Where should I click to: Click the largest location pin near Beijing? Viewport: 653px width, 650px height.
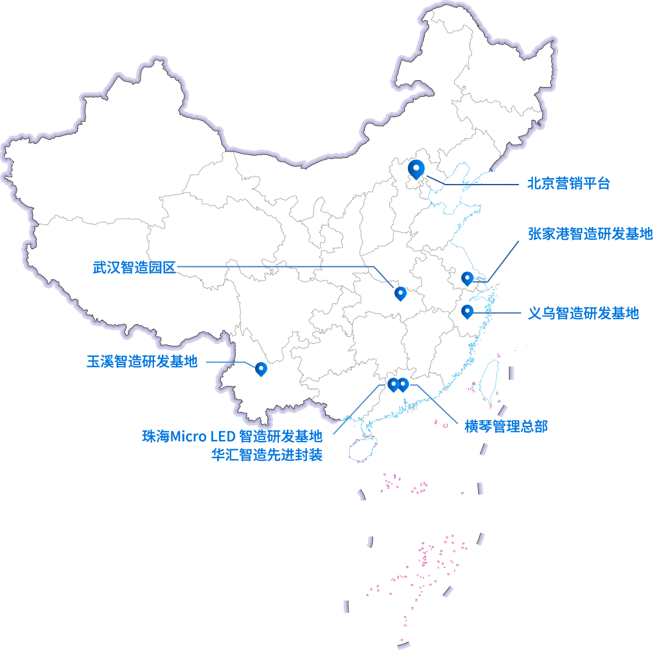pos(417,169)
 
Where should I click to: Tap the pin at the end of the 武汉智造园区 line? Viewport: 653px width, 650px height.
pos(400,293)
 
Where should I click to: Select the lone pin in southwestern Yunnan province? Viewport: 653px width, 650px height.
pos(261,368)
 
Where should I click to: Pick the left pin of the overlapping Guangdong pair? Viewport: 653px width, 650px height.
pos(393,384)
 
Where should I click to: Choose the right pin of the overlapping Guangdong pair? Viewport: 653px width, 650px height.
pos(403,384)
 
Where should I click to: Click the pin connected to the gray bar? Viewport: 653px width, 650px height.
pos(467,277)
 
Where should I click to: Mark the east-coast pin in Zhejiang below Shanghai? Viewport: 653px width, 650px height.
pos(467,312)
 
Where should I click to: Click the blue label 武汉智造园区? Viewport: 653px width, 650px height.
pos(134,268)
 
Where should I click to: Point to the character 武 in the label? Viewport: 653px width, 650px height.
pos(99,268)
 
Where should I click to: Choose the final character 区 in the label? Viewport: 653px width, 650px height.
pos(169,268)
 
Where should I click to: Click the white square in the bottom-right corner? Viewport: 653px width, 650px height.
pos(623,622)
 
